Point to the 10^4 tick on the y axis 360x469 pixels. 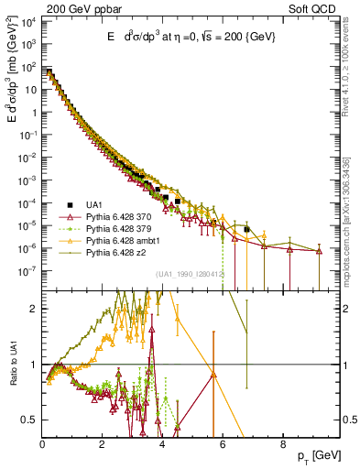(x=29, y=22)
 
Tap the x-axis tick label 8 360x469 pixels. (x=283, y=444)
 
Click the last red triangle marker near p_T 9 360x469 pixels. (x=319, y=251)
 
